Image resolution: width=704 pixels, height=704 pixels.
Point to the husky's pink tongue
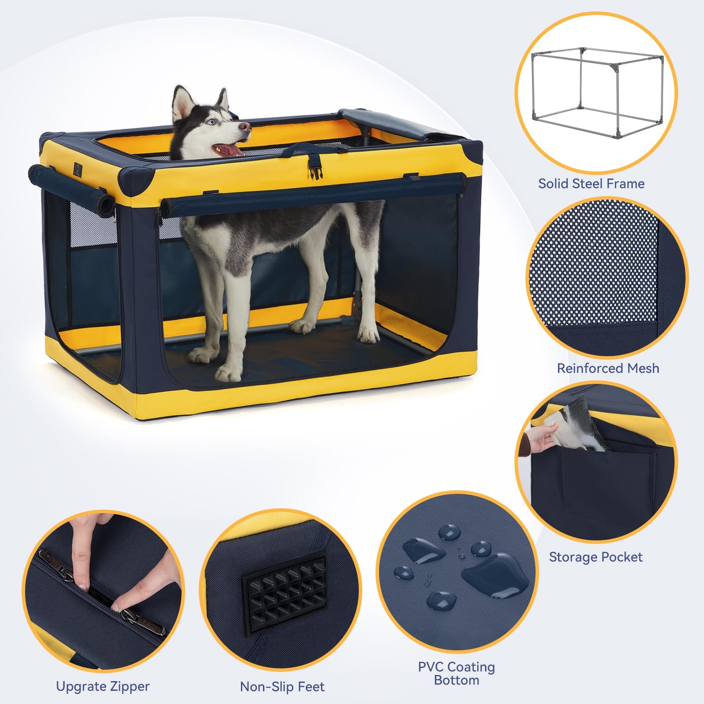pyautogui.click(x=228, y=150)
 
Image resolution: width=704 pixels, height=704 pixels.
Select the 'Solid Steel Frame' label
pyautogui.click(x=591, y=184)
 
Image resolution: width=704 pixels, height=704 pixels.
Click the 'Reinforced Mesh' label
pyautogui.click(x=608, y=368)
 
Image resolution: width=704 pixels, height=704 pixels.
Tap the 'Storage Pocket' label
pyautogui.click(x=595, y=557)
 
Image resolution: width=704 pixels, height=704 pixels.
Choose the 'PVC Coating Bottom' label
pyautogui.click(x=456, y=673)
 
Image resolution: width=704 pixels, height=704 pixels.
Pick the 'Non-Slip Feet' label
pyautogui.click(x=282, y=687)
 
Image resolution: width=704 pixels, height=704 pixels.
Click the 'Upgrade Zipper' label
pyautogui.click(x=102, y=686)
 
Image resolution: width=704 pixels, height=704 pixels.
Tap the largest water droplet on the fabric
pyautogui.click(x=495, y=575)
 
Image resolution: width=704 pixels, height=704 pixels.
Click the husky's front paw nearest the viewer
pyautogui.click(x=228, y=372)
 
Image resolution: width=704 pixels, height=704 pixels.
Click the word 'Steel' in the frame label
pyautogui.click(x=591, y=184)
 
